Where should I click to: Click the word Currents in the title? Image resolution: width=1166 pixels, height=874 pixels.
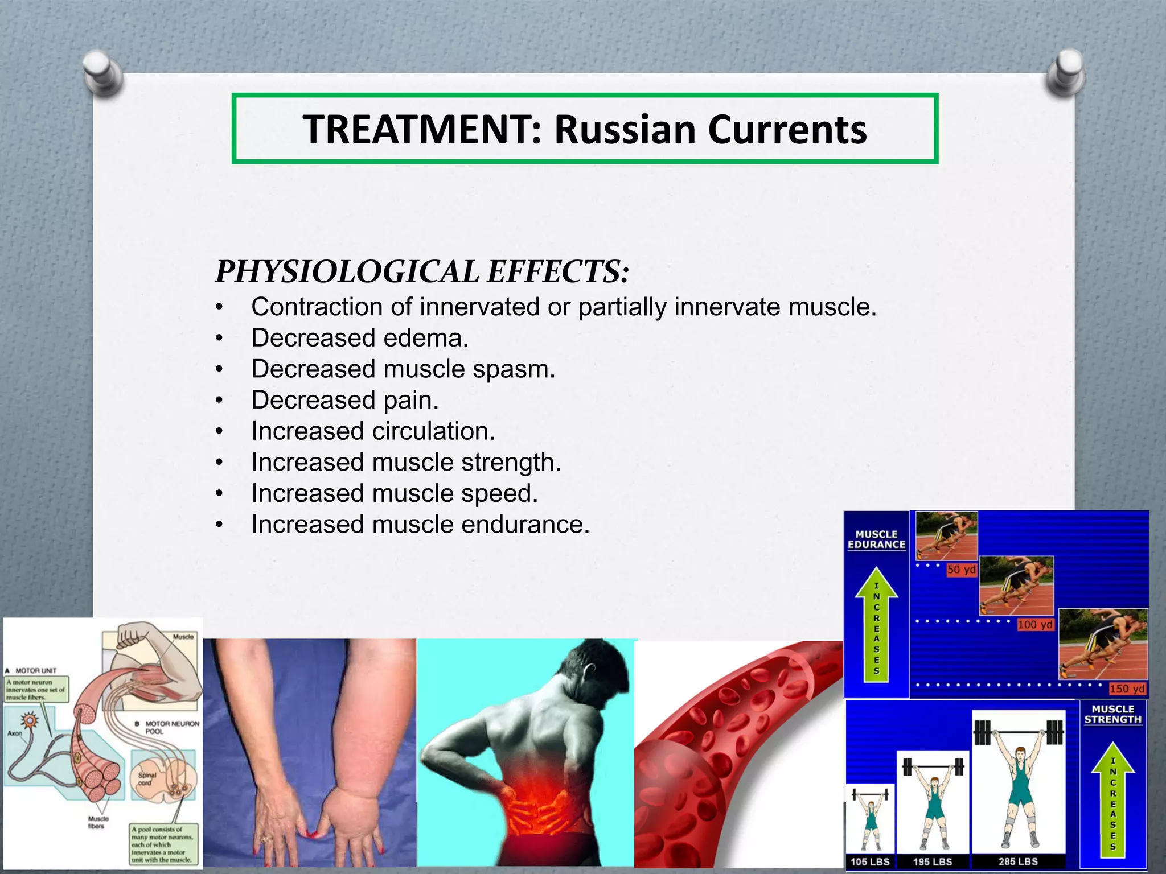(x=787, y=130)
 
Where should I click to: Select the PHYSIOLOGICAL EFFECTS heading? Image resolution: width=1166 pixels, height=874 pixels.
(x=422, y=271)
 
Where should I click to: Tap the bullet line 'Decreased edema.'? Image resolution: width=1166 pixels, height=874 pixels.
(x=360, y=338)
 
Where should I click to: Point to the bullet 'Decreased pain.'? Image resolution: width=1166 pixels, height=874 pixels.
(x=345, y=400)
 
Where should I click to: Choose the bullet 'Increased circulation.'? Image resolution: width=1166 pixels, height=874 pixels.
(x=373, y=431)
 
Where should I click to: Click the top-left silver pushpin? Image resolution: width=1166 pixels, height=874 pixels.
(x=102, y=72)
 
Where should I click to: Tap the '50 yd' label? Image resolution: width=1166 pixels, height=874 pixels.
(x=961, y=570)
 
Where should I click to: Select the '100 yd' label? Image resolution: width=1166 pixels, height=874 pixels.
(x=1035, y=625)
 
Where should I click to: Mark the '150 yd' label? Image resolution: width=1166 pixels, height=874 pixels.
(x=1127, y=689)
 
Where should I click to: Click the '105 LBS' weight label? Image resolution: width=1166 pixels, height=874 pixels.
(x=870, y=861)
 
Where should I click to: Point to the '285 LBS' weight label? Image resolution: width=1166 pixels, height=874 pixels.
(x=1018, y=861)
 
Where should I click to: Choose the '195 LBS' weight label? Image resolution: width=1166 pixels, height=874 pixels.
(x=933, y=861)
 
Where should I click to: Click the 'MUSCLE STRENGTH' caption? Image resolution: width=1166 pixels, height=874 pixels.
(x=1113, y=714)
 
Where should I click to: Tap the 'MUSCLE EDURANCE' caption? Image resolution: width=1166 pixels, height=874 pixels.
(x=876, y=539)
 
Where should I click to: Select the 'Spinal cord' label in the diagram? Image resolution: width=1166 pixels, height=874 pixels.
(x=146, y=779)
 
